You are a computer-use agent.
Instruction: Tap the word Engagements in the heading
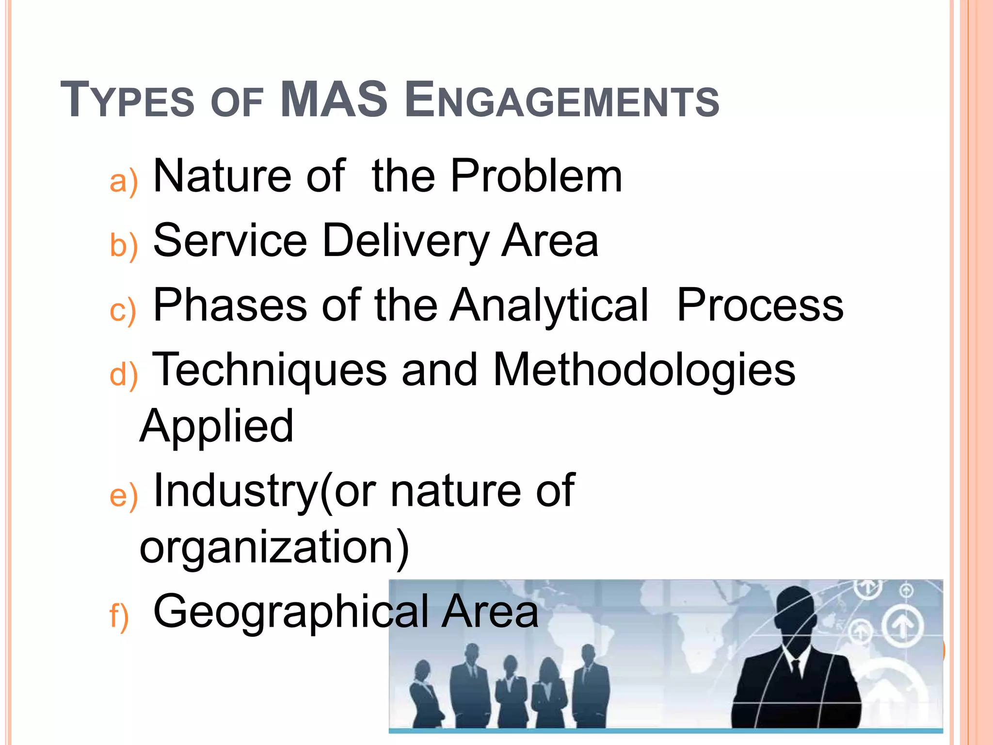coord(562,100)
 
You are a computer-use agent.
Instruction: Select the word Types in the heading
coord(127,100)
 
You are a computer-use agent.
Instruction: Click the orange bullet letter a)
coord(124,181)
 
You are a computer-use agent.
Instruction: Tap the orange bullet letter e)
coord(124,496)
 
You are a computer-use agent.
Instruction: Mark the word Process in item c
coord(760,305)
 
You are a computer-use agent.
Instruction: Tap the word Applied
coord(217,427)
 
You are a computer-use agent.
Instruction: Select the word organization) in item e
coord(274,548)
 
